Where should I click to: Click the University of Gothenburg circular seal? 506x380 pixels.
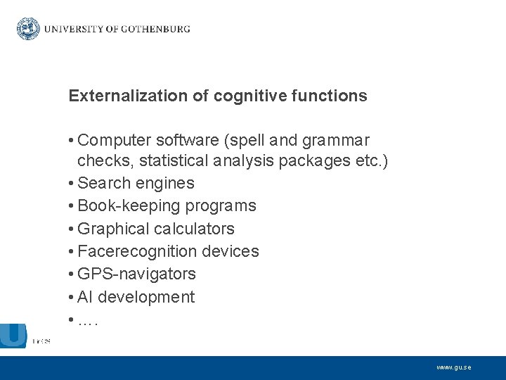pos(28,29)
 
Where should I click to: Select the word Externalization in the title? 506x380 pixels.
pos(118,96)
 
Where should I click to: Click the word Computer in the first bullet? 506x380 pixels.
pos(113,141)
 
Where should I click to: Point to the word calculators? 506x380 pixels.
pos(194,229)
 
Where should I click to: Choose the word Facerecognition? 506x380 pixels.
pos(137,251)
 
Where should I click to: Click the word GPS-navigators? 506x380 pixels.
pos(136,274)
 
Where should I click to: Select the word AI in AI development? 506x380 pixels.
pos(85,297)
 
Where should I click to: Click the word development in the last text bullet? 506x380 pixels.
pos(146,297)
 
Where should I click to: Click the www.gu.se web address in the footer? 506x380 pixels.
pos(453,367)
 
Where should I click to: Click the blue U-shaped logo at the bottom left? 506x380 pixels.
pos(13,335)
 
